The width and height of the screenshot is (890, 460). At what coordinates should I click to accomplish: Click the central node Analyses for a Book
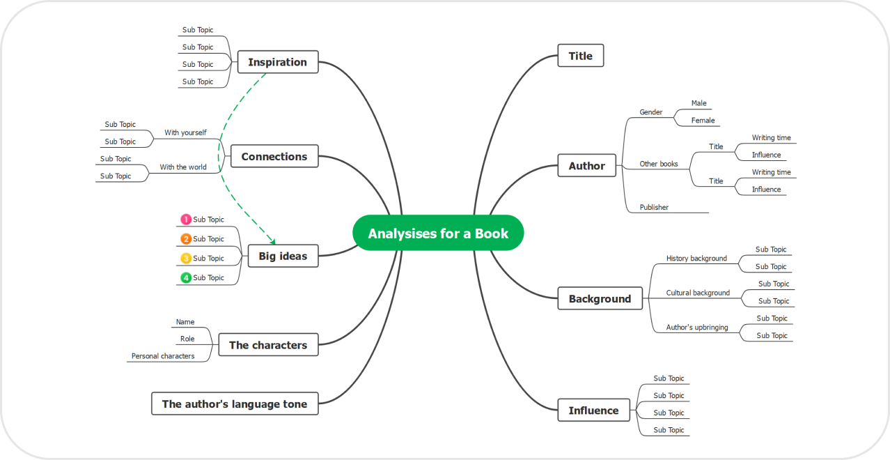(x=438, y=233)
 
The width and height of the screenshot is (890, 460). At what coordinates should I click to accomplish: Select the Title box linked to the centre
(x=580, y=56)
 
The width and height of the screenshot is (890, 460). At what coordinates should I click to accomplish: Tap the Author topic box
(x=586, y=166)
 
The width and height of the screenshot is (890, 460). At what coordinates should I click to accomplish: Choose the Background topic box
(x=600, y=299)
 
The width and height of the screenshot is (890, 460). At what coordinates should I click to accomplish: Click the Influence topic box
(x=593, y=411)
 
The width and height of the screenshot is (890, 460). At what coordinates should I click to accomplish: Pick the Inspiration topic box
(x=277, y=62)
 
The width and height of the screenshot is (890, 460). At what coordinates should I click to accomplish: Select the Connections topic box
(x=274, y=157)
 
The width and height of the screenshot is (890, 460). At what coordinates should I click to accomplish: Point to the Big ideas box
(x=283, y=256)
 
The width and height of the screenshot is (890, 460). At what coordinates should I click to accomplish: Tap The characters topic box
(x=268, y=345)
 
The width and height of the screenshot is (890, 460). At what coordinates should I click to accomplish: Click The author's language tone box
(x=235, y=404)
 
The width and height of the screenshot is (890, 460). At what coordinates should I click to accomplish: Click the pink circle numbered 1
(x=186, y=220)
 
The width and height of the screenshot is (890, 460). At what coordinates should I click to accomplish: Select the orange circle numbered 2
(x=186, y=239)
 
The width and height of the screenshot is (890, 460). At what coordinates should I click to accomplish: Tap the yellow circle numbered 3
(x=186, y=259)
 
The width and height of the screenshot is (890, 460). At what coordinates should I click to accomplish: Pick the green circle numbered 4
(x=186, y=278)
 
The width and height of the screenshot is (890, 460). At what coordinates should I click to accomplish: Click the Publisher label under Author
(x=654, y=207)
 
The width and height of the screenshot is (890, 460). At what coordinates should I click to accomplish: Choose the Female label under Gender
(x=703, y=121)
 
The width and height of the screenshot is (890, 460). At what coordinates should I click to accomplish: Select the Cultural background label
(x=698, y=293)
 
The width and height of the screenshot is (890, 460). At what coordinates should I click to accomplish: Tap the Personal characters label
(x=163, y=356)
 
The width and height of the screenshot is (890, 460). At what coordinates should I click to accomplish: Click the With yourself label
(x=185, y=132)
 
